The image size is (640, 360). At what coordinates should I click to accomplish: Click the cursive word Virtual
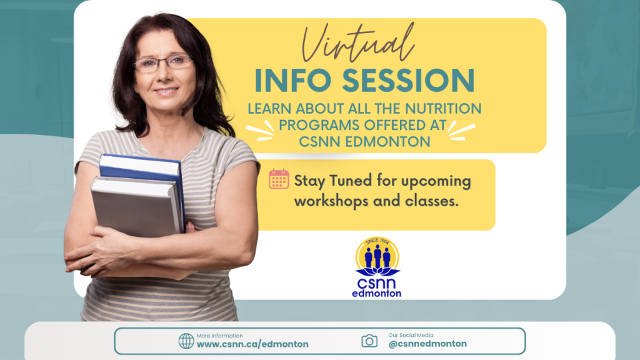pos(358,43)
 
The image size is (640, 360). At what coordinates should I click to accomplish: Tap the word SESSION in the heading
pos(408,81)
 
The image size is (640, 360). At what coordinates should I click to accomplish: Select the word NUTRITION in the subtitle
pos(443,109)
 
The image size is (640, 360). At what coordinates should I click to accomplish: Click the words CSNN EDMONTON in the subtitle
pos(364,142)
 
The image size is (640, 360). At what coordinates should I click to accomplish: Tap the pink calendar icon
pos(279,179)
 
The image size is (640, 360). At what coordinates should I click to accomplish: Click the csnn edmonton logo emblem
pos(377,267)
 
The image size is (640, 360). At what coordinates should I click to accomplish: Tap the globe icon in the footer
pos(186,341)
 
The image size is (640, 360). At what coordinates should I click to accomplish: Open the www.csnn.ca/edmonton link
pos(252,344)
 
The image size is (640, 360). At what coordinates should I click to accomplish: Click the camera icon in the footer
pos(369,341)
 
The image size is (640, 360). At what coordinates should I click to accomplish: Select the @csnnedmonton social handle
pos(427,344)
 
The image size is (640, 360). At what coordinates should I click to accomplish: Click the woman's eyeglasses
pos(162,63)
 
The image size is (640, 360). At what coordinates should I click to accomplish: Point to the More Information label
pos(219,336)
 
